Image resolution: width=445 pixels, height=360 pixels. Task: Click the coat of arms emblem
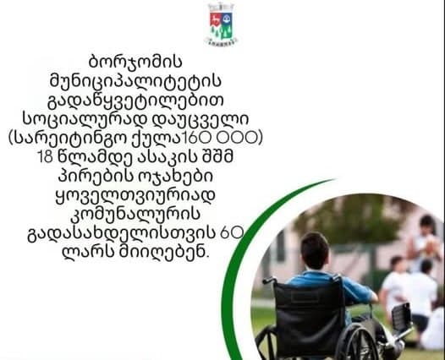[x=222, y=24]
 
